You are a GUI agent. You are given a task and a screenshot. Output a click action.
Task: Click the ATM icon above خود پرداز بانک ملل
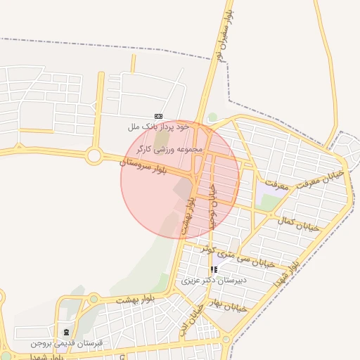click(x=158, y=116)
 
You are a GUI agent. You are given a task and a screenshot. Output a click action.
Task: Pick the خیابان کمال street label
click(x=298, y=224)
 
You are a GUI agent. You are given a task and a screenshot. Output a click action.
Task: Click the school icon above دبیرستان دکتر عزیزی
click(x=214, y=269)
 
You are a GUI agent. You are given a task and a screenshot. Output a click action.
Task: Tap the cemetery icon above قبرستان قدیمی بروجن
click(x=66, y=332)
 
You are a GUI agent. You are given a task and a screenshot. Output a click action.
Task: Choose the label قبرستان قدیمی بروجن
click(x=66, y=343)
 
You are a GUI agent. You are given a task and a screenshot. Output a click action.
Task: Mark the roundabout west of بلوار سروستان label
click(x=94, y=156)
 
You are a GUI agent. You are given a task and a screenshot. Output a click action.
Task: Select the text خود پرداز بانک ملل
click(x=160, y=127)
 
